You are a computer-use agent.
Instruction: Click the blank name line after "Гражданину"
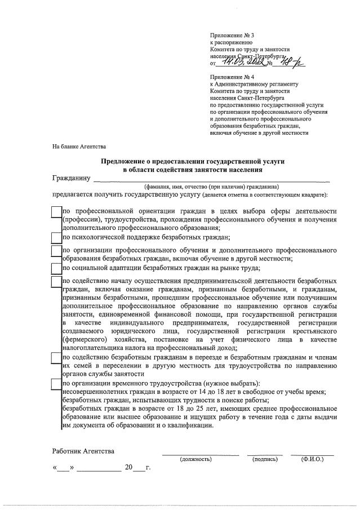(211, 180)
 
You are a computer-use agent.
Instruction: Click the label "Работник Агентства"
(83, 451)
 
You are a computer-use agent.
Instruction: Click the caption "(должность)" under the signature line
(195, 460)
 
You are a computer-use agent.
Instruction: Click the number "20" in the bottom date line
(129, 467)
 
